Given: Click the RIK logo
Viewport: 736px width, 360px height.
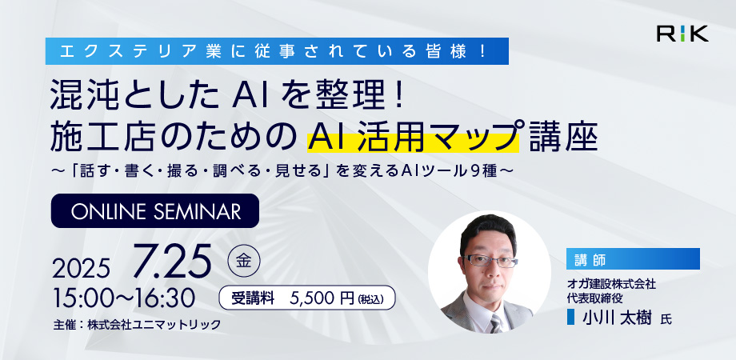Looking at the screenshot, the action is pyautogui.click(x=682, y=34).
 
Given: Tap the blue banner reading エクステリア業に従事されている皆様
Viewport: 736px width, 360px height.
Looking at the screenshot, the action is pyautogui.click(x=277, y=51).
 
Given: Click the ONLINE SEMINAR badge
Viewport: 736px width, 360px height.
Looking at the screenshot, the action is pyautogui.click(x=155, y=210).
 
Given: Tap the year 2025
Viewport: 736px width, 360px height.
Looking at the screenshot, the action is pyautogui.click(x=82, y=269).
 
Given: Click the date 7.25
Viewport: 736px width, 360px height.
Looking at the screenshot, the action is pyautogui.click(x=172, y=262).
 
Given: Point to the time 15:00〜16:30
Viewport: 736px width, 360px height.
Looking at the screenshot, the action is pyautogui.click(x=124, y=298).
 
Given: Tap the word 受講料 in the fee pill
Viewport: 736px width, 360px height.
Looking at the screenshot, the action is pyautogui.click(x=253, y=298).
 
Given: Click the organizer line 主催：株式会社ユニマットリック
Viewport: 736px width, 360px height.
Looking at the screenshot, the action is pyautogui.click(x=137, y=325).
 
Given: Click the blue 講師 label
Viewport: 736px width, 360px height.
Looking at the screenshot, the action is pyautogui.click(x=633, y=258).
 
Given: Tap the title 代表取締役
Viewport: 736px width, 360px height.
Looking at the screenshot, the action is pyautogui.click(x=589, y=297).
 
